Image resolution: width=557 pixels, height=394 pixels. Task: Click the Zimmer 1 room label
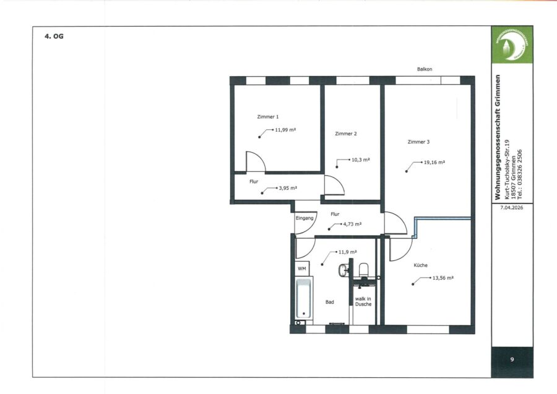coord(268,117)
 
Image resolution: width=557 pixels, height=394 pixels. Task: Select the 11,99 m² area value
coord(285,130)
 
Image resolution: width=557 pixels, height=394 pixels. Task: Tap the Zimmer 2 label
coord(345,134)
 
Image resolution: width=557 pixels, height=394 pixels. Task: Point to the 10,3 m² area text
coord(361,160)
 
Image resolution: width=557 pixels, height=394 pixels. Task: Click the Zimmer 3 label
coord(418,142)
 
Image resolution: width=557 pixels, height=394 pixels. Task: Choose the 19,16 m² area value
coord(434,162)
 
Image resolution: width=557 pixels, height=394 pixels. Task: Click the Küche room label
coord(421,265)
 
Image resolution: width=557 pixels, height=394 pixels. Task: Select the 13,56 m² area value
coord(443,278)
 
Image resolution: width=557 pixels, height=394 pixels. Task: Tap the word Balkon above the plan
coord(425,69)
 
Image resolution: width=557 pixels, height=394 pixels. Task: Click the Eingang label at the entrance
coord(304,218)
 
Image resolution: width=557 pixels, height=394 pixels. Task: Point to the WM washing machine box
coord(302,268)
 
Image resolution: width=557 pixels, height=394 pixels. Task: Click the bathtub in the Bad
coord(304,299)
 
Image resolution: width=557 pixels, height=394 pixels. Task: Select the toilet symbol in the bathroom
coord(364,270)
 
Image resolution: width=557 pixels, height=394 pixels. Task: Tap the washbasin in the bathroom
coord(343,270)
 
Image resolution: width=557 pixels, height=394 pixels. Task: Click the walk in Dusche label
coord(363,301)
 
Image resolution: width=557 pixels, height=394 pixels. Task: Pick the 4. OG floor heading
coord(54,36)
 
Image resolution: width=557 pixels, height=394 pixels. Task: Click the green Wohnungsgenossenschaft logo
coord(512,45)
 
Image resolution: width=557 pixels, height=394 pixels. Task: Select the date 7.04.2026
coord(512,208)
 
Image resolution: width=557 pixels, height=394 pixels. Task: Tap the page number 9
coord(512,359)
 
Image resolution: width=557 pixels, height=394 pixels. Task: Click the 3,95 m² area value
coord(288,188)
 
